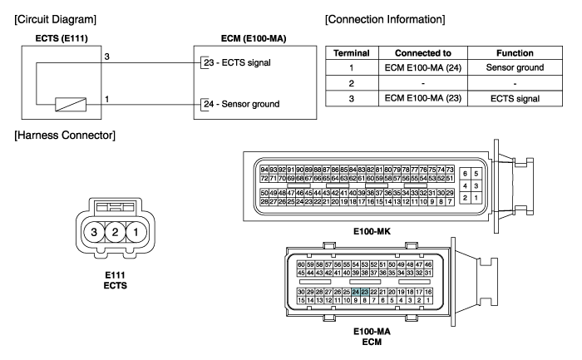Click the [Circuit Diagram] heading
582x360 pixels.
(x=56, y=19)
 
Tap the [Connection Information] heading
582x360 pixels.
(x=385, y=19)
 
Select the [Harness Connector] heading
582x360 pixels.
(x=65, y=135)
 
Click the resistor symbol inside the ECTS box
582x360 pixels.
(x=71, y=104)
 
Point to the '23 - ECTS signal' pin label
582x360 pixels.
(x=237, y=62)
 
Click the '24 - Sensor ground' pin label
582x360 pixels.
(x=242, y=104)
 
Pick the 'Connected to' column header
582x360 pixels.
(x=422, y=53)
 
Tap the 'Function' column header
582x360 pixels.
(x=515, y=53)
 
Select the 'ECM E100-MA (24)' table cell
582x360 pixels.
(x=422, y=67)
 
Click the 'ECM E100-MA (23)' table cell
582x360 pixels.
(x=422, y=98)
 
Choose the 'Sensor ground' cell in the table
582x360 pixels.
(x=515, y=67)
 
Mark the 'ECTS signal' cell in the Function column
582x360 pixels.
(x=515, y=99)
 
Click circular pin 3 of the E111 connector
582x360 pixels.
(x=94, y=232)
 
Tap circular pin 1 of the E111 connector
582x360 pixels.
(x=136, y=232)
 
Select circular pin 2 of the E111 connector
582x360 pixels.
(x=115, y=232)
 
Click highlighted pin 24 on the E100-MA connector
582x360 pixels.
(x=356, y=292)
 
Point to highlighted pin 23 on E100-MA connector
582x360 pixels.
(x=365, y=292)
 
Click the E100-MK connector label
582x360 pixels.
(x=372, y=232)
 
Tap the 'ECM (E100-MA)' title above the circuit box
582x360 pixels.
(x=254, y=38)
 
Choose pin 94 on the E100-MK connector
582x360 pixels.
(x=264, y=170)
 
